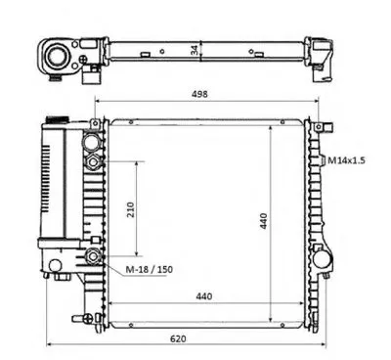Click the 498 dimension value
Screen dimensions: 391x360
(x=199, y=94)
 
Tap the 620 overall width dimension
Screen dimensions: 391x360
(x=178, y=338)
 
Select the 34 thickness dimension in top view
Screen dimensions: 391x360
(x=195, y=50)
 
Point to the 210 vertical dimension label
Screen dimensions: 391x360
(x=130, y=210)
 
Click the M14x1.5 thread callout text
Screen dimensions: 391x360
(x=346, y=160)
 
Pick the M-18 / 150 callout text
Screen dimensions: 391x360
(x=150, y=269)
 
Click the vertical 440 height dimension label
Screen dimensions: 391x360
(x=263, y=221)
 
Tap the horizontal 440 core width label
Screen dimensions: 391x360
(x=204, y=296)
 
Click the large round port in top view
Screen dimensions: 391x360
(x=57, y=57)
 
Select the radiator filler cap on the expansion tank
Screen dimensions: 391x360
(x=58, y=119)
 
